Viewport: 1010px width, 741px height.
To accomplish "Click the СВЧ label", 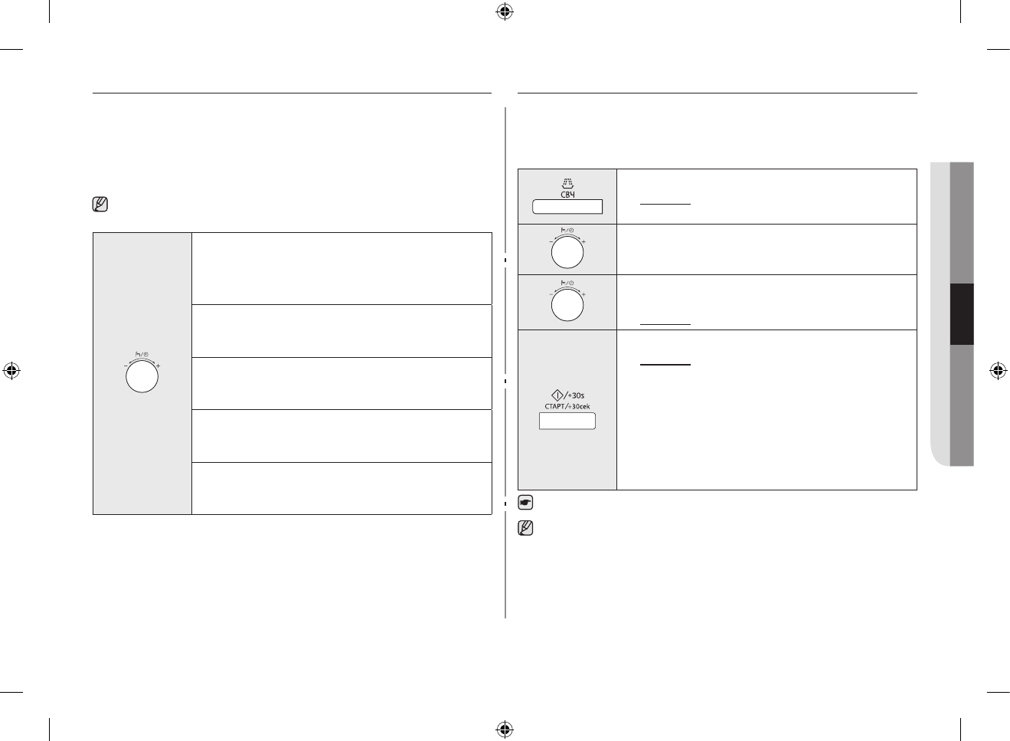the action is [x=567, y=195].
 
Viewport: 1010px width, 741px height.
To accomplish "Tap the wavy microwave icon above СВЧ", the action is [x=567, y=184].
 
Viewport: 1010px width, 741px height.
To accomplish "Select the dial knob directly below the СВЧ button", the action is [x=567, y=252].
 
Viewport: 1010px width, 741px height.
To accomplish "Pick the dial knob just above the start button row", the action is [x=567, y=305].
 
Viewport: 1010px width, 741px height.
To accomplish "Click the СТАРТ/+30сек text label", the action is [x=567, y=407].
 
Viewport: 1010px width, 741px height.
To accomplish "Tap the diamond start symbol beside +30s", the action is [x=557, y=395].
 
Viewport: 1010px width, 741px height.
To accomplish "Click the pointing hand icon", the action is [x=525, y=503].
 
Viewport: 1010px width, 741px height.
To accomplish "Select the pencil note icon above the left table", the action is [x=100, y=205].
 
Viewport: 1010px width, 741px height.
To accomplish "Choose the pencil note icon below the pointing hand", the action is [x=525, y=528].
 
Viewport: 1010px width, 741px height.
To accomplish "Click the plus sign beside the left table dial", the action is [x=158, y=366].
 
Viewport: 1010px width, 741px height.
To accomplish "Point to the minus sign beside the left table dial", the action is [x=126, y=366].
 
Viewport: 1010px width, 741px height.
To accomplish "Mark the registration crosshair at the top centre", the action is [x=504, y=11].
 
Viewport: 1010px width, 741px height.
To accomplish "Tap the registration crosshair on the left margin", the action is [x=11, y=371].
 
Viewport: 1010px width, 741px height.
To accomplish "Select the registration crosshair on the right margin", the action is [x=998, y=371].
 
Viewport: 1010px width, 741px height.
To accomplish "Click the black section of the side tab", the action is [x=962, y=314].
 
